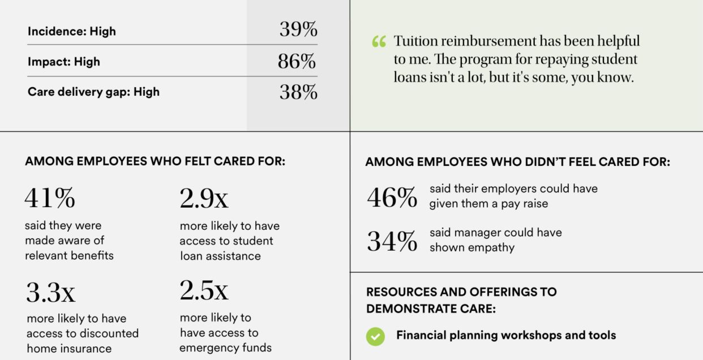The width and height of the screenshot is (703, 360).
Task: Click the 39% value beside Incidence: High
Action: (x=298, y=30)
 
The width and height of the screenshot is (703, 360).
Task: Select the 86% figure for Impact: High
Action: (x=297, y=62)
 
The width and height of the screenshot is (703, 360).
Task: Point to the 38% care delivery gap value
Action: (x=298, y=92)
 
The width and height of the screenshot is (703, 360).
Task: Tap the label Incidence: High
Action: (x=71, y=32)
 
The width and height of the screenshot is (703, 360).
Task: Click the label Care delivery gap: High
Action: (x=93, y=92)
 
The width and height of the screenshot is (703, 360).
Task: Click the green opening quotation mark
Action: (x=379, y=42)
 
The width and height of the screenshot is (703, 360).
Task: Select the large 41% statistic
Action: (x=49, y=198)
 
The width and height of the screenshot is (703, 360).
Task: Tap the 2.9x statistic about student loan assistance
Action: (x=204, y=198)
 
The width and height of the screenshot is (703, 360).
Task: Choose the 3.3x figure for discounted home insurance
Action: (x=50, y=292)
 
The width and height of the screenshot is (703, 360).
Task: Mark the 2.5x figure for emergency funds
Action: (x=204, y=290)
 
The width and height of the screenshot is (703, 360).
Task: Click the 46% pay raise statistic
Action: (x=392, y=198)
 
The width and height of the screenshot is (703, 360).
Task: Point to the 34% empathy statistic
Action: (x=392, y=241)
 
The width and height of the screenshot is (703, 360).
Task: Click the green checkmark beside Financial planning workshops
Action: (x=375, y=336)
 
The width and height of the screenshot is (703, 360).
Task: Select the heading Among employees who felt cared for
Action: (x=155, y=161)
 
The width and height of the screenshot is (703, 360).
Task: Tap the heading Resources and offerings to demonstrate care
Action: (x=461, y=300)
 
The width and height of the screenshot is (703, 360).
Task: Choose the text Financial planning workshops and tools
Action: (x=505, y=335)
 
